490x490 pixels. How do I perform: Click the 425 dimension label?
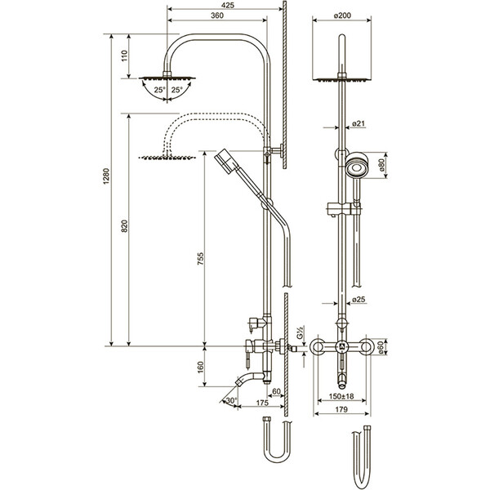click(x=227, y=6)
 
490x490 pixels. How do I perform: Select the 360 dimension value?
click(x=217, y=16)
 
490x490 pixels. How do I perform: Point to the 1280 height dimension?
click(x=106, y=176)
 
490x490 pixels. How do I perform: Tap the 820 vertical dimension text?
click(x=124, y=226)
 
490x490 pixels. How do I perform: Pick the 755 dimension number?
click(x=200, y=259)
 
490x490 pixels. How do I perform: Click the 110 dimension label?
click(x=124, y=56)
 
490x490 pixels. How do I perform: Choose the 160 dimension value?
click(x=200, y=367)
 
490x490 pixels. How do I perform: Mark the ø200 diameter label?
click(x=342, y=16)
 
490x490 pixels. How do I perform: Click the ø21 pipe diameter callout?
click(x=359, y=124)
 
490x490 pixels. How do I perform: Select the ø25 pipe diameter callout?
click(x=359, y=300)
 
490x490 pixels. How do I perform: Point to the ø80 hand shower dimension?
click(x=381, y=165)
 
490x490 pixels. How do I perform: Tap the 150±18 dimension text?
click(x=341, y=396)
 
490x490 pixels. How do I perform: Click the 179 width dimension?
click(x=341, y=409)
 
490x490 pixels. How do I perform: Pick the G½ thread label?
click(x=300, y=332)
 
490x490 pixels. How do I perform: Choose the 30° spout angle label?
click(x=231, y=400)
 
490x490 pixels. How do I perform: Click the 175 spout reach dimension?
click(x=262, y=403)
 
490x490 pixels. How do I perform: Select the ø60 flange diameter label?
click(x=381, y=348)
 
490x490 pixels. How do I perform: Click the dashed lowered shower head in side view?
click(x=167, y=157)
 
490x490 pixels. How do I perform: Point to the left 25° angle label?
click(x=159, y=90)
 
